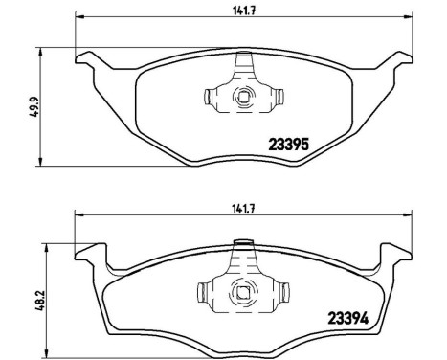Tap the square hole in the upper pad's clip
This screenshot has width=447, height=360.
(x=243, y=97)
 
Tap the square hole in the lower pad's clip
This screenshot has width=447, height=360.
(x=243, y=293)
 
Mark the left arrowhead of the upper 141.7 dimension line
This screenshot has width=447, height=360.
(x=78, y=19)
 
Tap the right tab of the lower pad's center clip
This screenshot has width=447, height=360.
(x=279, y=293)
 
